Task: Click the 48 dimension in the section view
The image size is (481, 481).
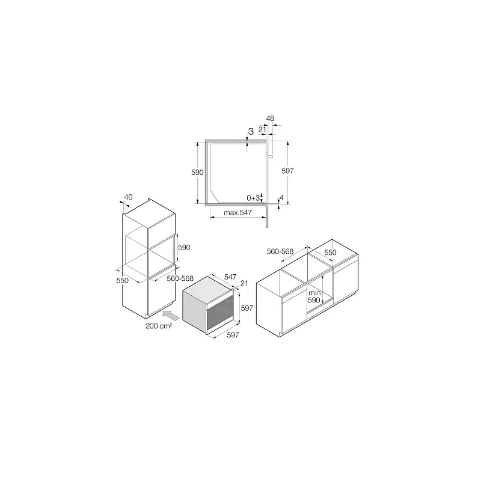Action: (x=270, y=118)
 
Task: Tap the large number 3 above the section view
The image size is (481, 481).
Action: (x=251, y=132)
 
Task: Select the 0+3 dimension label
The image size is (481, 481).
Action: (x=253, y=198)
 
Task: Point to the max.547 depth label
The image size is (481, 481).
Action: (x=237, y=213)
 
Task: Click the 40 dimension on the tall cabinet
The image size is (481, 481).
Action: (x=128, y=197)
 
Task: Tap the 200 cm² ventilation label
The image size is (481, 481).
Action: (x=159, y=326)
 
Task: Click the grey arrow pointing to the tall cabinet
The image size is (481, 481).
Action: (x=171, y=315)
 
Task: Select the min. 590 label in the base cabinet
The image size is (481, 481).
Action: (x=314, y=296)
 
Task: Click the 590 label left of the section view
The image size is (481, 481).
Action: (x=197, y=173)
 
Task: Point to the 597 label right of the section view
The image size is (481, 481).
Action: (x=287, y=171)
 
